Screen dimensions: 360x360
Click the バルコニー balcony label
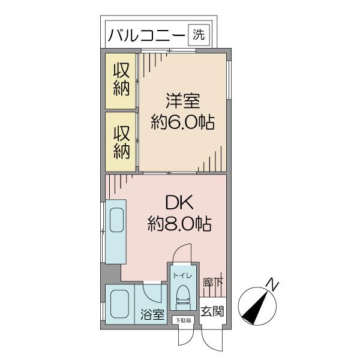146,35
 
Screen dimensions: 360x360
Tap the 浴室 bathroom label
152,314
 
